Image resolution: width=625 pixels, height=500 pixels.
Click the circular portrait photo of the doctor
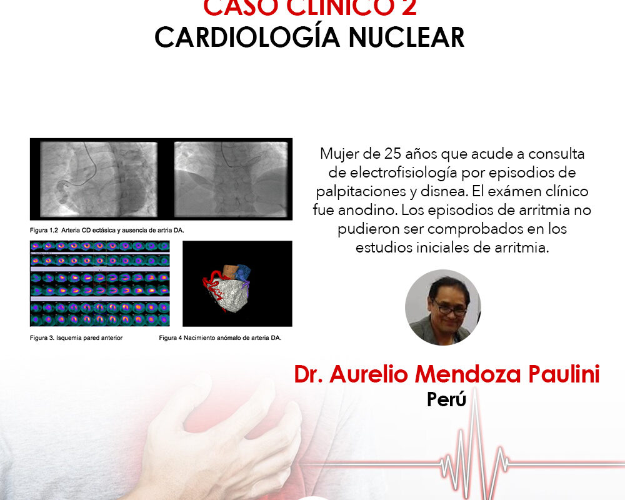coord(442,307)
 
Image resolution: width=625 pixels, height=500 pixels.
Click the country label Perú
coord(446,399)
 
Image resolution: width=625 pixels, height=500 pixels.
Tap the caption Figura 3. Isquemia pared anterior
coord(76,338)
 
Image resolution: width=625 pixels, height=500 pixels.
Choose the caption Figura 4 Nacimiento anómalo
coord(221,338)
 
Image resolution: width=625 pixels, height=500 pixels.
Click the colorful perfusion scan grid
coord(99,284)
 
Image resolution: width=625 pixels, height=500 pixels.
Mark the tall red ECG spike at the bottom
coord(477,437)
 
